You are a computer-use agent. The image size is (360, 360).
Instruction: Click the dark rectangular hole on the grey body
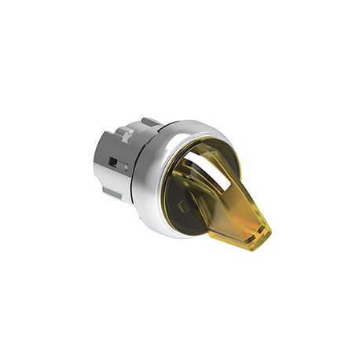(114, 162)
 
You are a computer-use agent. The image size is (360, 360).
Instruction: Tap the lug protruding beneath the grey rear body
(110, 192)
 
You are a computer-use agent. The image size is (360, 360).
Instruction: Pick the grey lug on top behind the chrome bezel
(149, 123)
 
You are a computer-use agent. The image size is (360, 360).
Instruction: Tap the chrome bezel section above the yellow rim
(189, 129)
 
